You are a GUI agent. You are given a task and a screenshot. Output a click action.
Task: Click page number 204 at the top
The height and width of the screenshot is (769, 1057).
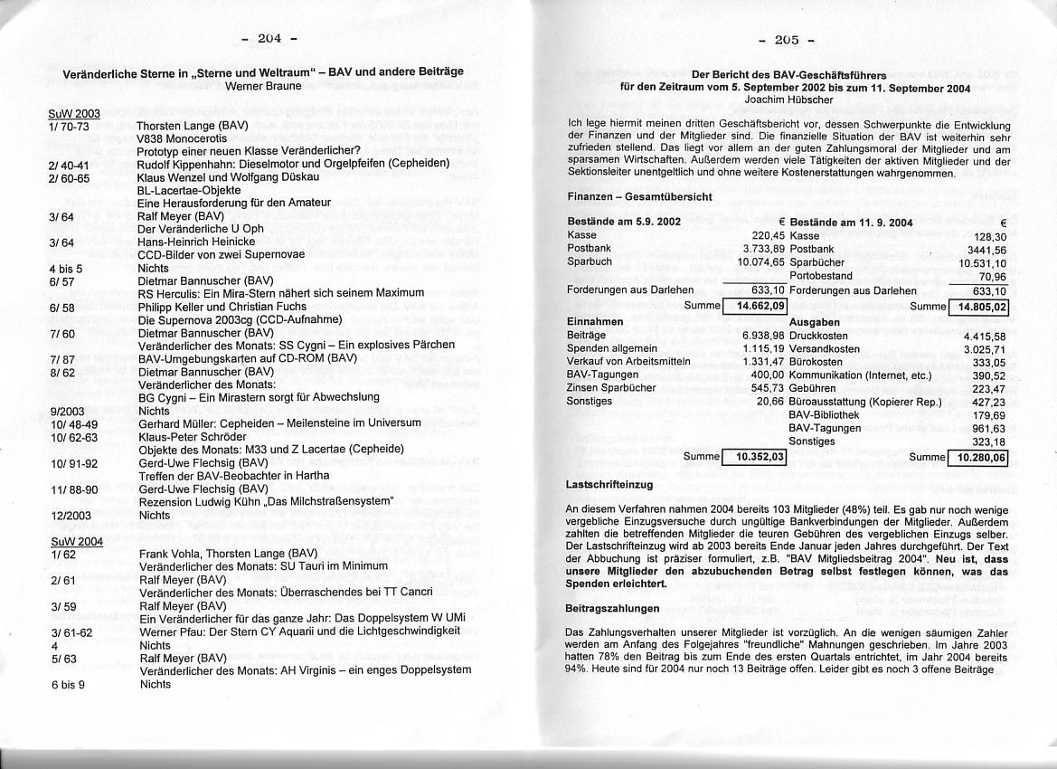[269, 38]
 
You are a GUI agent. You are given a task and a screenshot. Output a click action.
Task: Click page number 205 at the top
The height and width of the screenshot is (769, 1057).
[786, 40]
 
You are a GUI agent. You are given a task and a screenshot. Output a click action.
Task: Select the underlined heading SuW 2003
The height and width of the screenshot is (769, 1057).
[74, 113]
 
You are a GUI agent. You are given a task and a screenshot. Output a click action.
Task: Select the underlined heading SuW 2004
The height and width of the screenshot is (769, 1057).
[76, 541]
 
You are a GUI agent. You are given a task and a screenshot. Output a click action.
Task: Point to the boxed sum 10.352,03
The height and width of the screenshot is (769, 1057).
[755, 457]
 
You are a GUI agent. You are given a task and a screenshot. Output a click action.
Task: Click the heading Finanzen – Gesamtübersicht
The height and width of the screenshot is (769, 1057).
[639, 195]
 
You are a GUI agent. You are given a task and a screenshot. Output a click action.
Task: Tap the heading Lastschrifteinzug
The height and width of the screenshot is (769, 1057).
[607, 486]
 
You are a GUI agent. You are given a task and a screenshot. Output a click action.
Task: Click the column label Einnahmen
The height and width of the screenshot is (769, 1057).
[594, 321]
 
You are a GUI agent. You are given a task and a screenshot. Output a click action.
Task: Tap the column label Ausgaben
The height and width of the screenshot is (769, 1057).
[815, 321]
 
